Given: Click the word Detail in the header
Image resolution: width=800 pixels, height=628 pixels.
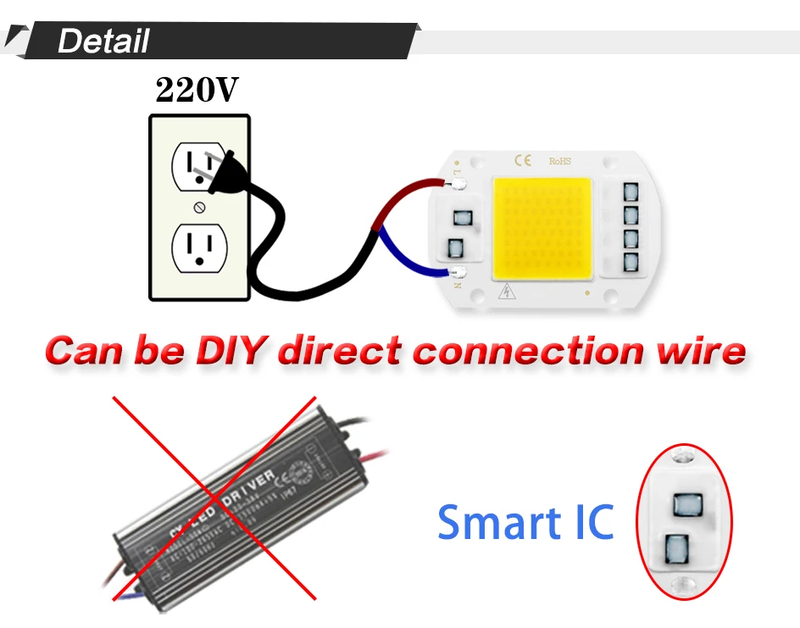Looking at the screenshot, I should [103, 41].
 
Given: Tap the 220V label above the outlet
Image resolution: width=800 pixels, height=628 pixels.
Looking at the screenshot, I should [197, 91].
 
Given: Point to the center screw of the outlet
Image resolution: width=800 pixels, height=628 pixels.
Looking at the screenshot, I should [200, 207].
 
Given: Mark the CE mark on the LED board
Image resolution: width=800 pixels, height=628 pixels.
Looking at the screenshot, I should [523, 159].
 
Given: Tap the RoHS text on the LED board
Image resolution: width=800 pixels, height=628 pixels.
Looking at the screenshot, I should [561, 160].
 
